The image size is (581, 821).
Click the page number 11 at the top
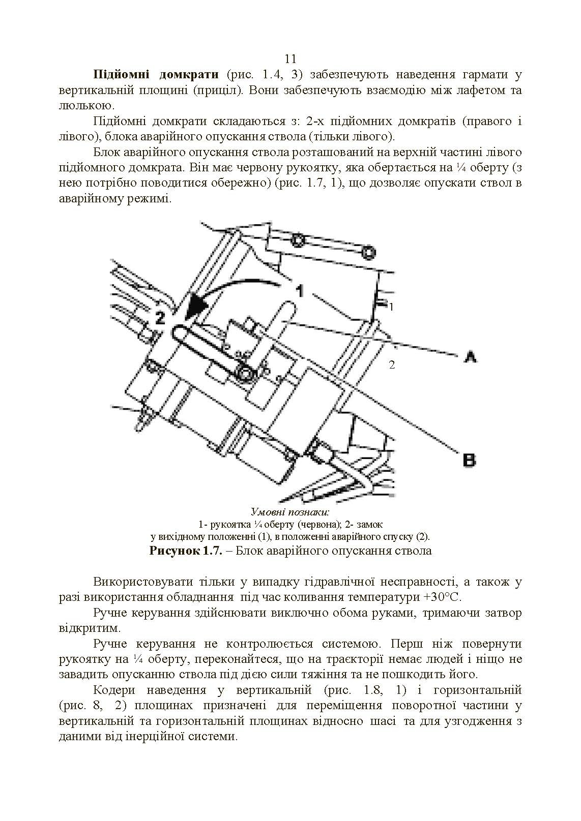click(x=290, y=58)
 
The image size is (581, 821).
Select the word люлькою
click(x=84, y=106)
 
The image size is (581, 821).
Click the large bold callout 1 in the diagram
click(x=300, y=290)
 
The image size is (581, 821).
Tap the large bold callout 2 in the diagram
click(x=160, y=318)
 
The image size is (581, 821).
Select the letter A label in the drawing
click(x=470, y=357)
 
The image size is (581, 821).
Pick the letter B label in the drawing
click(x=469, y=461)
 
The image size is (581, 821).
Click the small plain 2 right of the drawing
click(x=392, y=364)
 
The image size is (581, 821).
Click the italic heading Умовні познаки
click(x=290, y=512)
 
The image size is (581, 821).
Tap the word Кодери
click(x=114, y=690)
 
